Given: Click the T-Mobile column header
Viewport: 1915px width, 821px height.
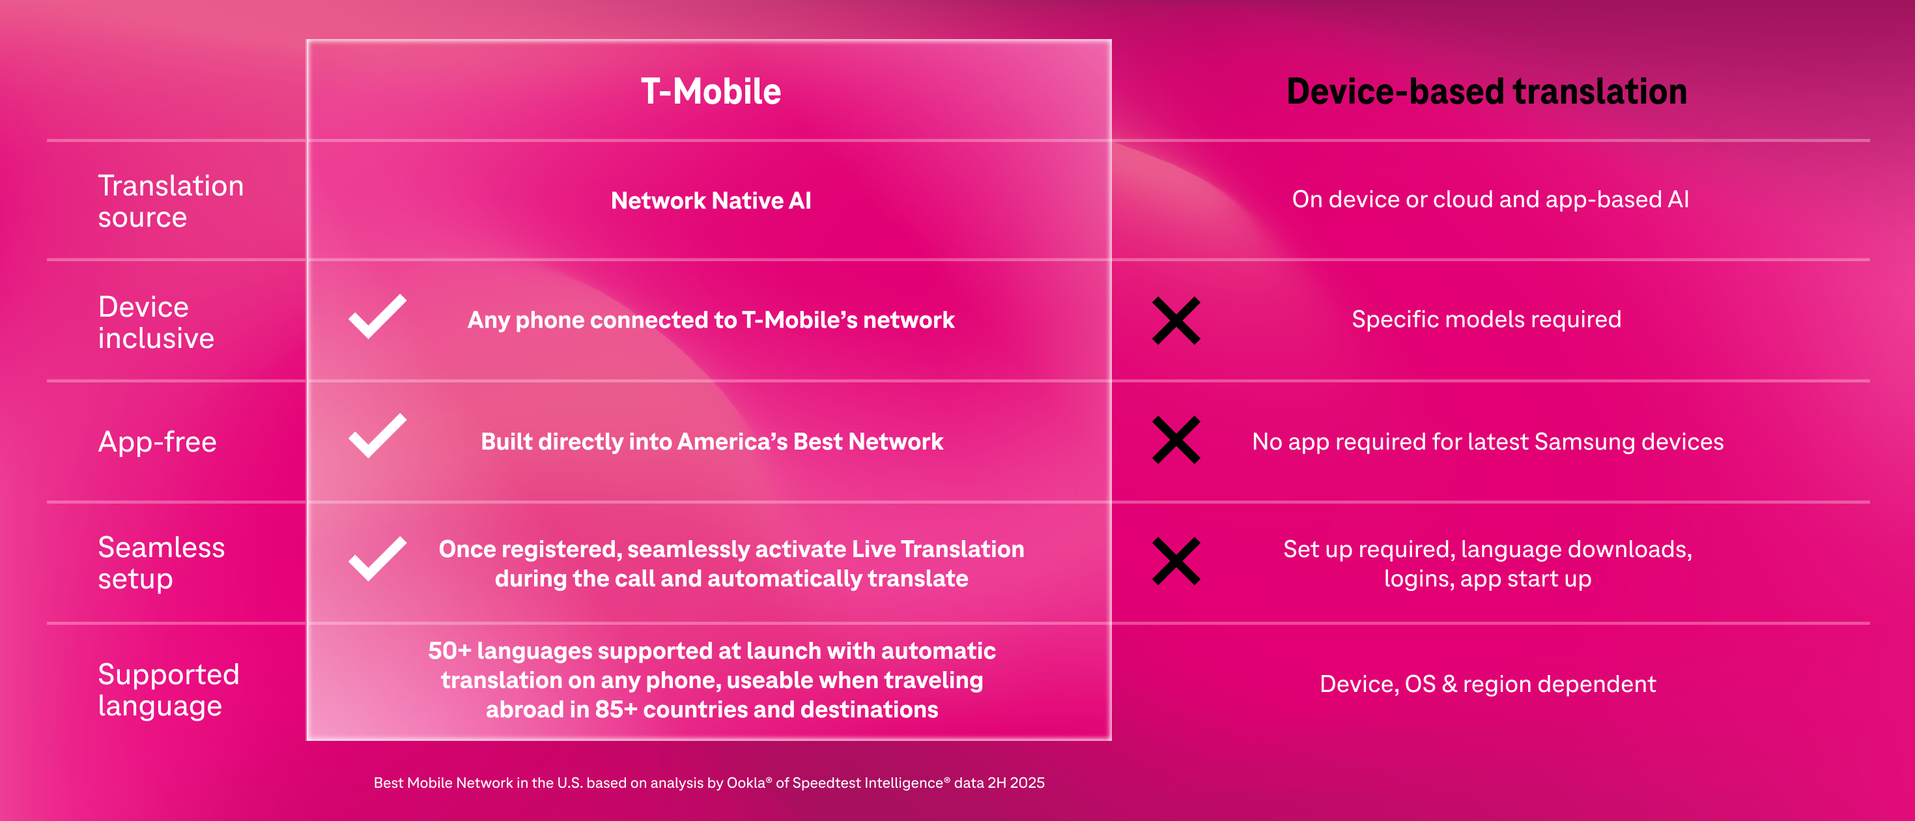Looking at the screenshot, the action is [711, 91].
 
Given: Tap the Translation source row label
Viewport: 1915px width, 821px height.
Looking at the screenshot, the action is [171, 201].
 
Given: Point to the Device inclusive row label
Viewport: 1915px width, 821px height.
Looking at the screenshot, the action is [156, 322].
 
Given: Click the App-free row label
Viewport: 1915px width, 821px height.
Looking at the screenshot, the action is [158, 442].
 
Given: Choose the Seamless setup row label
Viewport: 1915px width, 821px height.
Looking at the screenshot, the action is [162, 562].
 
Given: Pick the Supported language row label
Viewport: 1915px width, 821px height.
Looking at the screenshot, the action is [169, 690].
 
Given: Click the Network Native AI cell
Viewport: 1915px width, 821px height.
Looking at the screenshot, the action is [711, 200].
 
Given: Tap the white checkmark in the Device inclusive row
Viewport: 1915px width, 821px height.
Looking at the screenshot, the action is [378, 317].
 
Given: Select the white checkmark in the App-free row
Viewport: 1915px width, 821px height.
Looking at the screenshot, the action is [378, 436].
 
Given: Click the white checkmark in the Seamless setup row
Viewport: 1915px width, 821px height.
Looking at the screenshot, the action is [378, 558].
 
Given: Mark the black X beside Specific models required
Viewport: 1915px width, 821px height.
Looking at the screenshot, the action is [1176, 321].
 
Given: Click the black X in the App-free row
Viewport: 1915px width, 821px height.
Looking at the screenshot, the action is [1176, 440].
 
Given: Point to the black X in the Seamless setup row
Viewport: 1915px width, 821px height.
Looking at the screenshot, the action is [1176, 562].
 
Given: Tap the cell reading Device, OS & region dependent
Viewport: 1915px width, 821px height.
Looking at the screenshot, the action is [1488, 684].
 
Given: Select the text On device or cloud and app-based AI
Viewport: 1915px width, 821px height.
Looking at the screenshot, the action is [1490, 199].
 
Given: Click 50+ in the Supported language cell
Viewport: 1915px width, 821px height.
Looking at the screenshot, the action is [449, 651].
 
